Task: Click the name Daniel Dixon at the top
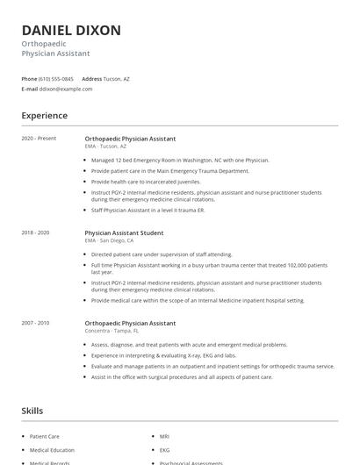coord(71,31)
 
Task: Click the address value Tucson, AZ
coord(116,79)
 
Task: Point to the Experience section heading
coord(45,116)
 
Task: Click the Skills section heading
coord(32,411)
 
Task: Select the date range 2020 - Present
coord(39,139)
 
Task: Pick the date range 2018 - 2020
coord(35,232)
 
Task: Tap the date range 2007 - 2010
coord(35,323)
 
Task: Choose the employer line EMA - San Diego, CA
coord(110,240)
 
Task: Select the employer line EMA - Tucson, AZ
coord(105,147)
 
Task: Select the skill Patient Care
coord(45,436)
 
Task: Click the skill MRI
coord(164,436)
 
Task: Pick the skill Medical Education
coord(52,450)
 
